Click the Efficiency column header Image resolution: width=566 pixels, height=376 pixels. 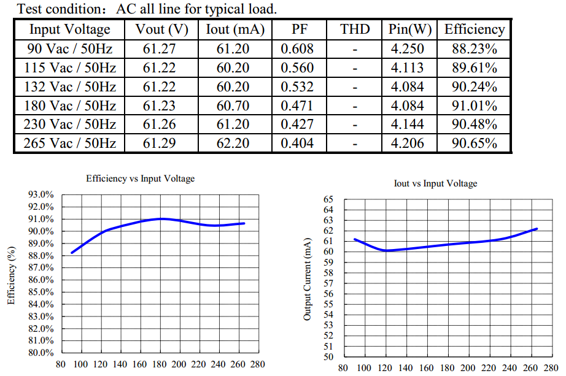point(475,29)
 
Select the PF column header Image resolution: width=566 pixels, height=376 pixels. point(297,29)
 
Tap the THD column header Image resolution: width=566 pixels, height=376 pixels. point(355,29)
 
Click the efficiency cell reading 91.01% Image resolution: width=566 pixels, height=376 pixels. point(475,106)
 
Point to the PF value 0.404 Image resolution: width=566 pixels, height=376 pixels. point(297,144)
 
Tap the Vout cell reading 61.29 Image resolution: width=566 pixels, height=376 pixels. point(160,144)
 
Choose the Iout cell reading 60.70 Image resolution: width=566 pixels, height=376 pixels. point(233,106)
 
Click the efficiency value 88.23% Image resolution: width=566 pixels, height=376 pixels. point(475,48)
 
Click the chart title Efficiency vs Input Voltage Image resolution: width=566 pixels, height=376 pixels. point(141,178)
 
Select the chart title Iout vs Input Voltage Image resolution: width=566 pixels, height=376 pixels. point(435,183)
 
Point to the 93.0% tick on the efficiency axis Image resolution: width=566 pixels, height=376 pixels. point(41,194)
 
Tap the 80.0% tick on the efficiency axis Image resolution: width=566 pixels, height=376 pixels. point(41,353)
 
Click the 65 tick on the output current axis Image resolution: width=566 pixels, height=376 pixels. point(328,199)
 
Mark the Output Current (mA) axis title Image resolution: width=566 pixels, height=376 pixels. point(308,278)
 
